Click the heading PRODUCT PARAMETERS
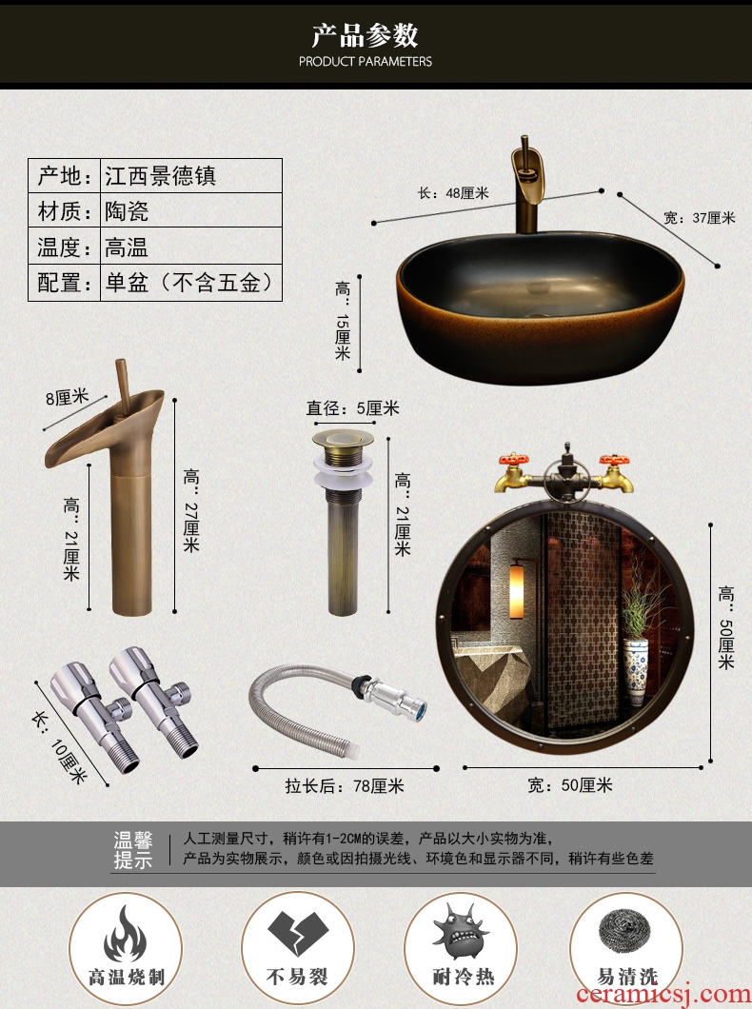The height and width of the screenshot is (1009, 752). pyautogui.click(x=366, y=61)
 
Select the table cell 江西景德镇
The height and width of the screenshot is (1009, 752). pyautogui.click(x=161, y=176)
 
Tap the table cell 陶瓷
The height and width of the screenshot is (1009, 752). pyautogui.click(x=127, y=211)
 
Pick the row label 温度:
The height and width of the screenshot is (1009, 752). pyautogui.click(x=65, y=247)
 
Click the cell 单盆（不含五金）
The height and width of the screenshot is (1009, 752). pyautogui.click(x=191, y=282)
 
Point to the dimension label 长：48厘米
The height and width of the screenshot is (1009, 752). pyautogui.click(x=453, y=192)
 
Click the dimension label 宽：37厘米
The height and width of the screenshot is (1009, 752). pyautogui.click(x=700, y=217)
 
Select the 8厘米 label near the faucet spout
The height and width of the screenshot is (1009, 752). pyautogui.click(x=67, y=397)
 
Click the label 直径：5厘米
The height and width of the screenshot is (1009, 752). pyautogui.click(x=352, y=408)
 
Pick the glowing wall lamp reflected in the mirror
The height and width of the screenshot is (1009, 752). pyautogui.click(x=517, y=591)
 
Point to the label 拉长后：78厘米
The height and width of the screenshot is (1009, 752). pyautogui.click(x=345, y=785)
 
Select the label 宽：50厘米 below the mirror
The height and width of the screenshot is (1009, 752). pyautogui.click(x=570, y=785)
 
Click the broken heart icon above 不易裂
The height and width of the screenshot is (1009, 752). pyautogui.click(x=297, y=933)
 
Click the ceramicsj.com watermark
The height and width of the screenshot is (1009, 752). pyautogui.click(x=663, y=994)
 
